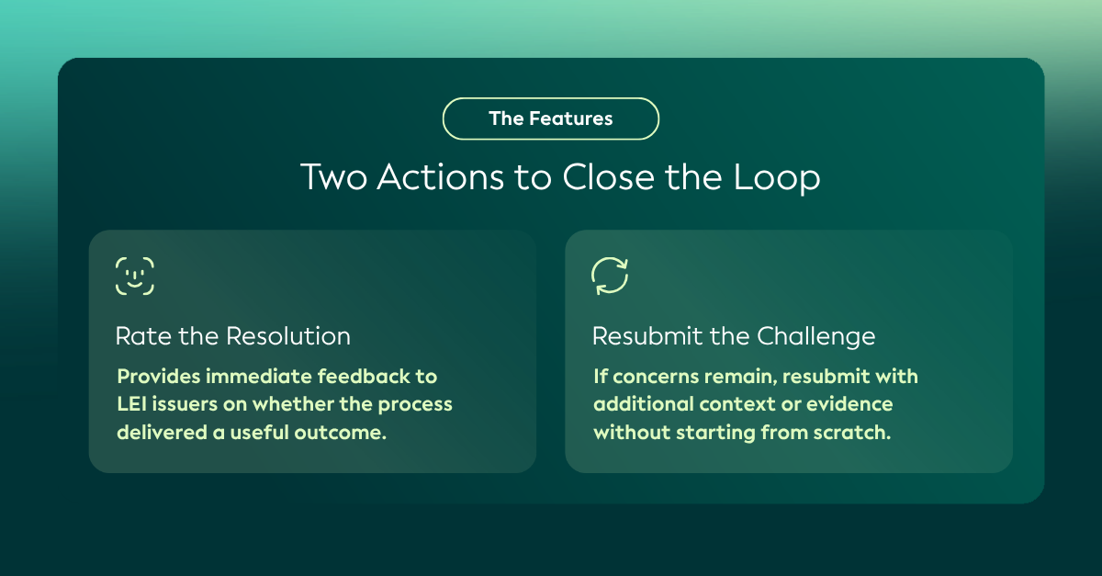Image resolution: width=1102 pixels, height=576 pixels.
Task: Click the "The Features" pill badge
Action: [550, 119]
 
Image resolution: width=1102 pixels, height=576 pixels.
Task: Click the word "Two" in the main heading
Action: [334, 176]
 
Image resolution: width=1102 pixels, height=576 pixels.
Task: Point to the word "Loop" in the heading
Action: [777, 178]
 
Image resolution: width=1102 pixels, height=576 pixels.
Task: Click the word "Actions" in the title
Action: [440, 176]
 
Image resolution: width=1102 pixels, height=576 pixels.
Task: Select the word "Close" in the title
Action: [609, 176]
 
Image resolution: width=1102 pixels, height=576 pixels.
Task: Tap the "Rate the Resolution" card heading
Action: [232, 336]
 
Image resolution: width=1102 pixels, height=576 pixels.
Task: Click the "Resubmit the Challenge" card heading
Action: [734, 337]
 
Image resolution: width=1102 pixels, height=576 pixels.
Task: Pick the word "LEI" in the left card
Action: [131, 404]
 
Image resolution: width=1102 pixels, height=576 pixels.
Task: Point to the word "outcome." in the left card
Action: [340, 433]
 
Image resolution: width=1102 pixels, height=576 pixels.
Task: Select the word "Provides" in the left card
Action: [158, 377]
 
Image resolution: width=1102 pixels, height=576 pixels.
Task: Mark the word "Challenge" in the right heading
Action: [815, 337]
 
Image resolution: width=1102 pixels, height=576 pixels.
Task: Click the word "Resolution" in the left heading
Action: [287, 336]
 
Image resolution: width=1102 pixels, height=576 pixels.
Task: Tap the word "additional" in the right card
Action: [643, 404]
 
